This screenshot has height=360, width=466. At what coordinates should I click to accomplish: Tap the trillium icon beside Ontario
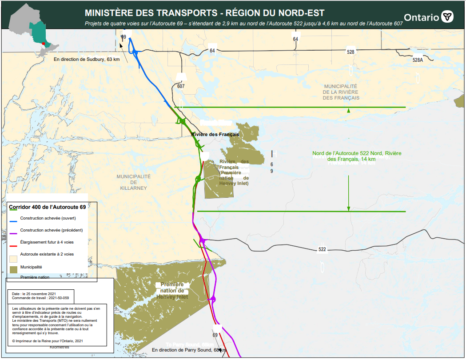[447, 17]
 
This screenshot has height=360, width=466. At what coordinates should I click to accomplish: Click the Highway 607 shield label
[180, 86]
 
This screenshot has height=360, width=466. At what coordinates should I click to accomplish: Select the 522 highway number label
[322, 249]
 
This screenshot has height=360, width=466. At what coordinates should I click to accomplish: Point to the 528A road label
[418, 60]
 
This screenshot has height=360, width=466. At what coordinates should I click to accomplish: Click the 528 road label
[350, 52]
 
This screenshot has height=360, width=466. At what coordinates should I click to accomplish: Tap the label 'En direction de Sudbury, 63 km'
[87, 59]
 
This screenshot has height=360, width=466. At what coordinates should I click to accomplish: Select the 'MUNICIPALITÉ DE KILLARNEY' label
[133, 182]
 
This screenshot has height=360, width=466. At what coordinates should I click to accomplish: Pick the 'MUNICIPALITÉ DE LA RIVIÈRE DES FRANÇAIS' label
[341, 92]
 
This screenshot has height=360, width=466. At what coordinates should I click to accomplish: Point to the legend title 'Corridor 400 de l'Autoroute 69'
[47, 207]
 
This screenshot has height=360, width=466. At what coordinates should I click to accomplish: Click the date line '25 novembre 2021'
[34, 294]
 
